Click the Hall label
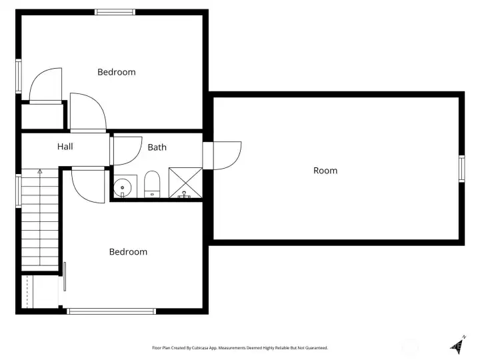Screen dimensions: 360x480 [x=65, y=147]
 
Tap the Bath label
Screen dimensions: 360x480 [x=157, y=147]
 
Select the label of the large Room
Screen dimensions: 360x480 [x=325, y=171]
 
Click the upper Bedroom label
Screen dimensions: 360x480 [x=117, y=72]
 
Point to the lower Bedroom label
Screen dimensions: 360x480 [x=128, y=252]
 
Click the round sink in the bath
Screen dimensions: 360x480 [x=123, y=187]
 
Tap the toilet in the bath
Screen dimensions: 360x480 [x=152, y=184]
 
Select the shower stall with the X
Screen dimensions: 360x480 [x=185, y=183]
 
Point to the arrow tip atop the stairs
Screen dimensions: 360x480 [x=40, y=171]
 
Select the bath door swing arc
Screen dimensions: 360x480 [x=127, y=151]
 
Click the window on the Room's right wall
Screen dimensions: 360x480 [x=461, y=169]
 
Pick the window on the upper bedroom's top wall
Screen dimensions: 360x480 [x=115, y=12]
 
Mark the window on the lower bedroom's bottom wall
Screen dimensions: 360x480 [x=111, y=311]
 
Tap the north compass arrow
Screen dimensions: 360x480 [x=458, y=345]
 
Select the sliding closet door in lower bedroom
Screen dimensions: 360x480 [x=65, y=277]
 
